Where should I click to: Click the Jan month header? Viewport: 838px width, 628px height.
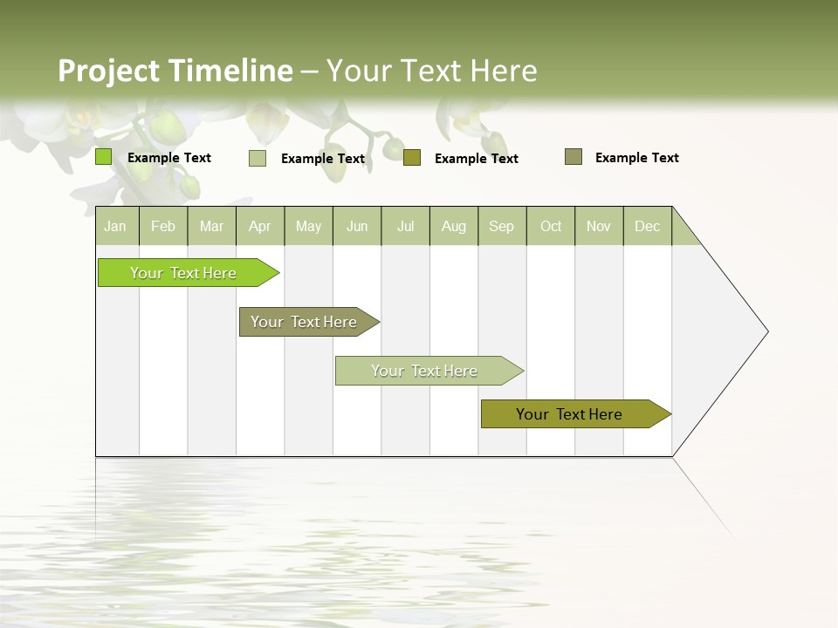click(116, 226)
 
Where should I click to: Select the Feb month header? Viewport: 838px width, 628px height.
click(163, 226)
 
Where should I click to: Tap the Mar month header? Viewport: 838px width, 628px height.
click(211, 226)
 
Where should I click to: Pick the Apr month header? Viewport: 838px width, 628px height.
click(260, 226)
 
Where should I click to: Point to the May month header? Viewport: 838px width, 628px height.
click(308, 226)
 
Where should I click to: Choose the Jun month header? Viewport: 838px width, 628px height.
click(357, 226)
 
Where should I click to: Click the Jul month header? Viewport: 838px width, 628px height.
click(405, 226)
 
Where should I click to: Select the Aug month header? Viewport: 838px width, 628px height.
click(454, 226)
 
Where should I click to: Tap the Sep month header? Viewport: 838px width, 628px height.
click(502, 226)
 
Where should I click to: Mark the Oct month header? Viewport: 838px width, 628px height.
click(551, 226)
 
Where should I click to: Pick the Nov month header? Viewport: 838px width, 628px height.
click(599, 226)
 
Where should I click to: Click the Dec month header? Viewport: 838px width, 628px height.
click(648, 226)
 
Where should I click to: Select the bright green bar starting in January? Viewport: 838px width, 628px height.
click(184, 273)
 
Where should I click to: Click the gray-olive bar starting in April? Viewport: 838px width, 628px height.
click(305, 322)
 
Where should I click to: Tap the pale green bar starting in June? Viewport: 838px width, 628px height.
click(425, 371)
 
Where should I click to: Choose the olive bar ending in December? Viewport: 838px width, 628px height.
click(570, 414)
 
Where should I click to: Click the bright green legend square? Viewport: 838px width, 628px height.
click(104, 157)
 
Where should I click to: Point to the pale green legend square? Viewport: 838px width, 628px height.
click(258, 158)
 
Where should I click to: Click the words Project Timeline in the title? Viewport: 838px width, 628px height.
click(175, 71)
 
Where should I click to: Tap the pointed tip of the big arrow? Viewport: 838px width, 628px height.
click(766, 331)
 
